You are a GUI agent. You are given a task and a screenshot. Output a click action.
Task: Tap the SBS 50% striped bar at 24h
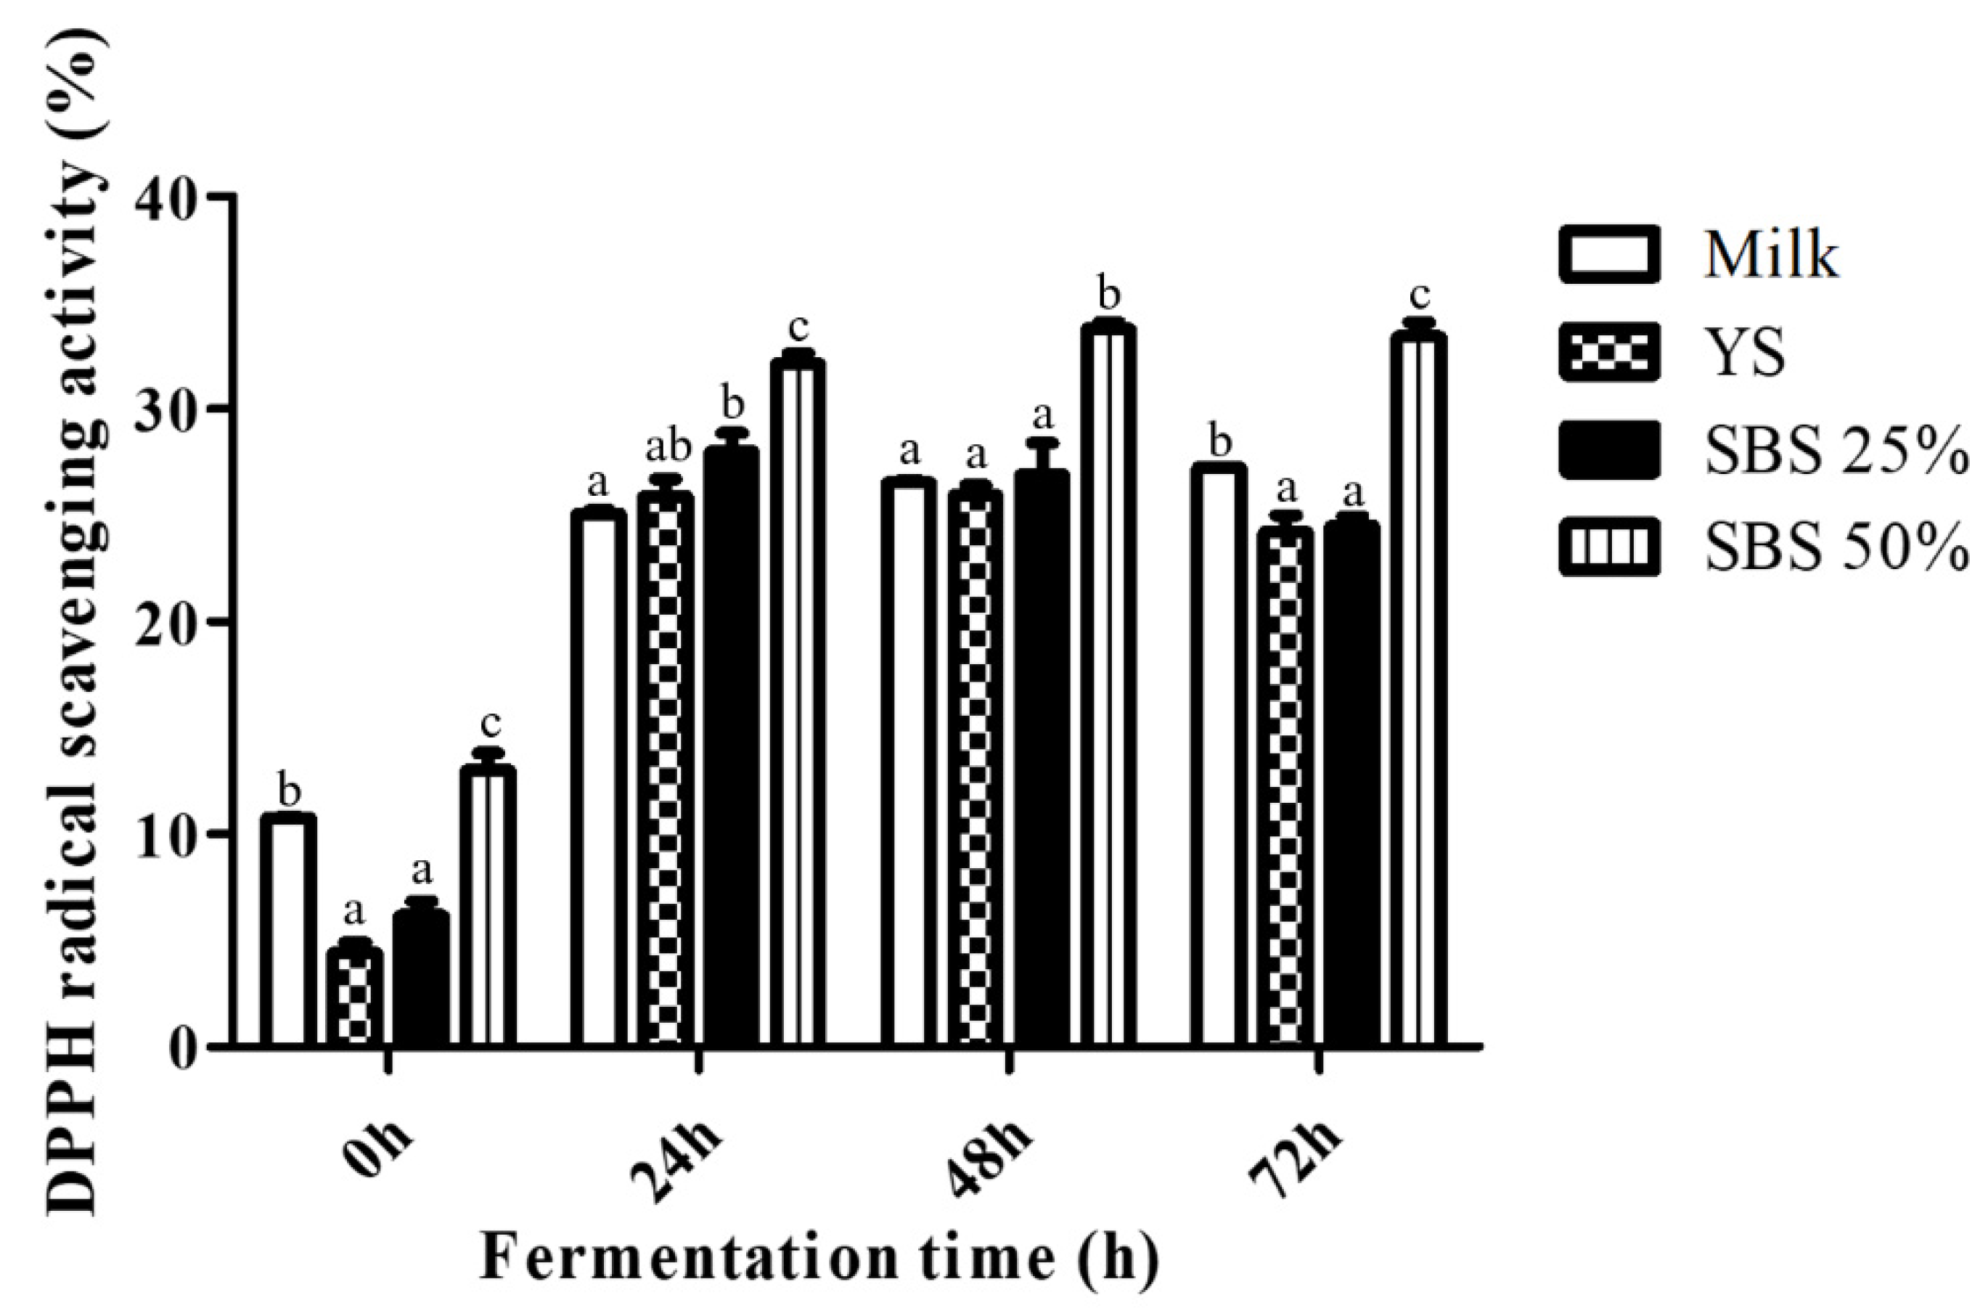pos(798,703)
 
